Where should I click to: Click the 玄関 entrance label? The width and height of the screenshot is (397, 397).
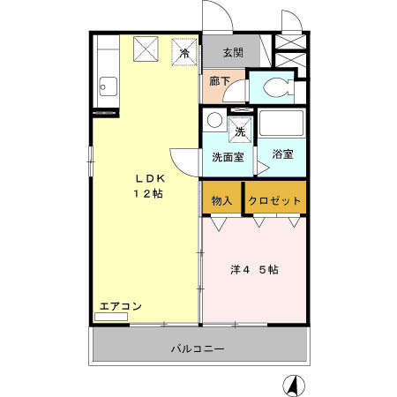tap(233, 51)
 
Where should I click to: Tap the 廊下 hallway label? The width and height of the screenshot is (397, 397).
tap(220, 82)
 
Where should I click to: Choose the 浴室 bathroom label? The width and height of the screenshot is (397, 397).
tap(282, 154)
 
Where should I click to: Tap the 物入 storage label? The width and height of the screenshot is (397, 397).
tap(222, 200)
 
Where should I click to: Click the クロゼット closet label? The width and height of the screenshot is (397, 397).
tap(275, 200)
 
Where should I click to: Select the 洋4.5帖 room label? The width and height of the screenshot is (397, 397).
tap(255, 270)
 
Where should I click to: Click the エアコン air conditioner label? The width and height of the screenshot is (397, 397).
tap(121, 306)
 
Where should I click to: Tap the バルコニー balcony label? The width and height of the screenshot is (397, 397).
tap(198, 348)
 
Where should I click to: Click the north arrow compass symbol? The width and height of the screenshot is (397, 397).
tap(293, 385)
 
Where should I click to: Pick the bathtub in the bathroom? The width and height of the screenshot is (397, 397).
tap(282, 124)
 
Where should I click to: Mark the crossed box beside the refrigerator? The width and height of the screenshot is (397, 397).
tap(147, 51)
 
